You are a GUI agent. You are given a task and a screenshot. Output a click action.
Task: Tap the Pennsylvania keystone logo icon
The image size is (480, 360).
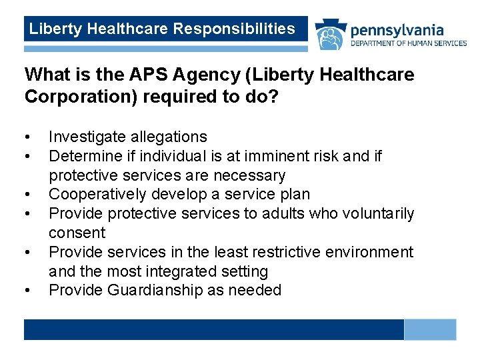(329, 35)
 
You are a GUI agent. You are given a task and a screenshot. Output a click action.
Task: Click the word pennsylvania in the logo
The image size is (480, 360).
(396, 30)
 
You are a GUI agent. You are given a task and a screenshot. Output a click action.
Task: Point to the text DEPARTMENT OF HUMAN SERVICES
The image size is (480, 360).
(408, 43)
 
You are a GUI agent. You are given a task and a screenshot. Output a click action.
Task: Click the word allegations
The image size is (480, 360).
(167, 137)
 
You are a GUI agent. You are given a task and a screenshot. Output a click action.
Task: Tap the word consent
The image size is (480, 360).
(77, 233)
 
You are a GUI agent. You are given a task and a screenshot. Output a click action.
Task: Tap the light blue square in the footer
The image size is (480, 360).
(430, 329)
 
